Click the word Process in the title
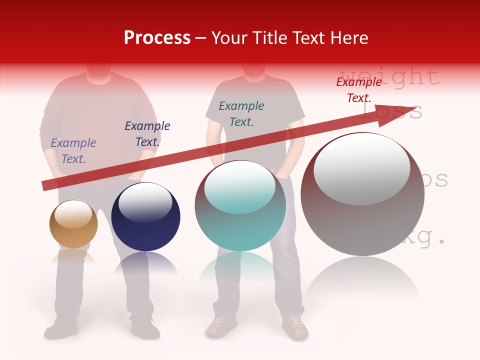coord(157,38)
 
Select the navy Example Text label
coord(147,134)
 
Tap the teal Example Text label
coord(241,114)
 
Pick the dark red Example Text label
coord(359,90)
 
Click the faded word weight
coord(390,76)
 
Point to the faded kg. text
coord(425,238)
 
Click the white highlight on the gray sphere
coord(361,169)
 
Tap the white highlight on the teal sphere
coord(240,186)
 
